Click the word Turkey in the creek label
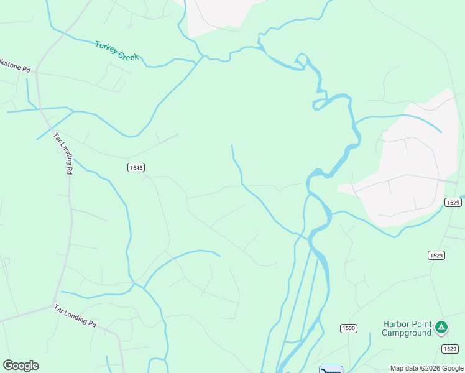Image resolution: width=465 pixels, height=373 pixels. [x=106, y=47]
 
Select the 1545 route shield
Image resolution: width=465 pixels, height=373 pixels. [x=137, y=167]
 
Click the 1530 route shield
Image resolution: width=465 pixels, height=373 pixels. [x=348, y=328]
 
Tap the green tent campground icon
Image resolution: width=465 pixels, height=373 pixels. [x=441, y=326]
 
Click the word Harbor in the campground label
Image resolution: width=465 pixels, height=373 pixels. [x=396, y=324]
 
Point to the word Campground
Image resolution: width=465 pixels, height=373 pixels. [x=407, y=333]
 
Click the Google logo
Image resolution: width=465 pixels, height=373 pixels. [x=21, y=366]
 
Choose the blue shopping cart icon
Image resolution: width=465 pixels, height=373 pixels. [x=331, y=370]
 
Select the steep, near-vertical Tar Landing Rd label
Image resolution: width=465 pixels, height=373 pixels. [x=63, y=154]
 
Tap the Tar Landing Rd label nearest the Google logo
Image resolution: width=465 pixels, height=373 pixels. [x=75, y=316]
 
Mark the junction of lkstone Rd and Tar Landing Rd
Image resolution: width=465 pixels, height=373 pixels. [x=37, y=73]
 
